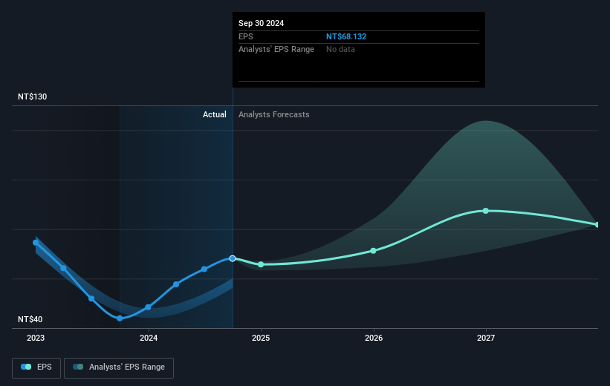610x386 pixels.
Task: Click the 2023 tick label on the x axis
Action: (36, 338)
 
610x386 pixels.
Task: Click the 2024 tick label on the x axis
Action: (149, 338)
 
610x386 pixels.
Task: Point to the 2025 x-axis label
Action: (261, 338)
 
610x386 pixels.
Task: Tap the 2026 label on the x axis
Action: (374, 338)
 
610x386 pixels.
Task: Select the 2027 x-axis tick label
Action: (486, 338)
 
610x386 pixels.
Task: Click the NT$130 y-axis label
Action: (33, 97)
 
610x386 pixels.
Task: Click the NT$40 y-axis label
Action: (31, 319)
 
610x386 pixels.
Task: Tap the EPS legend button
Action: (36, 367)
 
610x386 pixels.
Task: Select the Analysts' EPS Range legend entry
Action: (119, 367)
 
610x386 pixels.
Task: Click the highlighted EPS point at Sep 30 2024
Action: (233, 258)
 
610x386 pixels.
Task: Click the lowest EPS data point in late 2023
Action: (120, 318)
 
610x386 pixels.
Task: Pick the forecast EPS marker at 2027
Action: (486, 211)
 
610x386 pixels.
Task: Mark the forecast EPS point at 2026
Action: (374, 250)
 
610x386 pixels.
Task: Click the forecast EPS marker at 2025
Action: (261, 264)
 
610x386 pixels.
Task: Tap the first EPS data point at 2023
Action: (36, 242)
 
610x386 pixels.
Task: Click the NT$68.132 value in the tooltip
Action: (347, 36)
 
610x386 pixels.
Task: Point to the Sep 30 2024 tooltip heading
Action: (261, 23)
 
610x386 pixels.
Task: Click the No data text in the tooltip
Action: (340, 49)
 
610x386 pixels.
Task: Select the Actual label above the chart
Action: (215, 114)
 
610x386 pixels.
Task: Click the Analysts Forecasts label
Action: (274, 114)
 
